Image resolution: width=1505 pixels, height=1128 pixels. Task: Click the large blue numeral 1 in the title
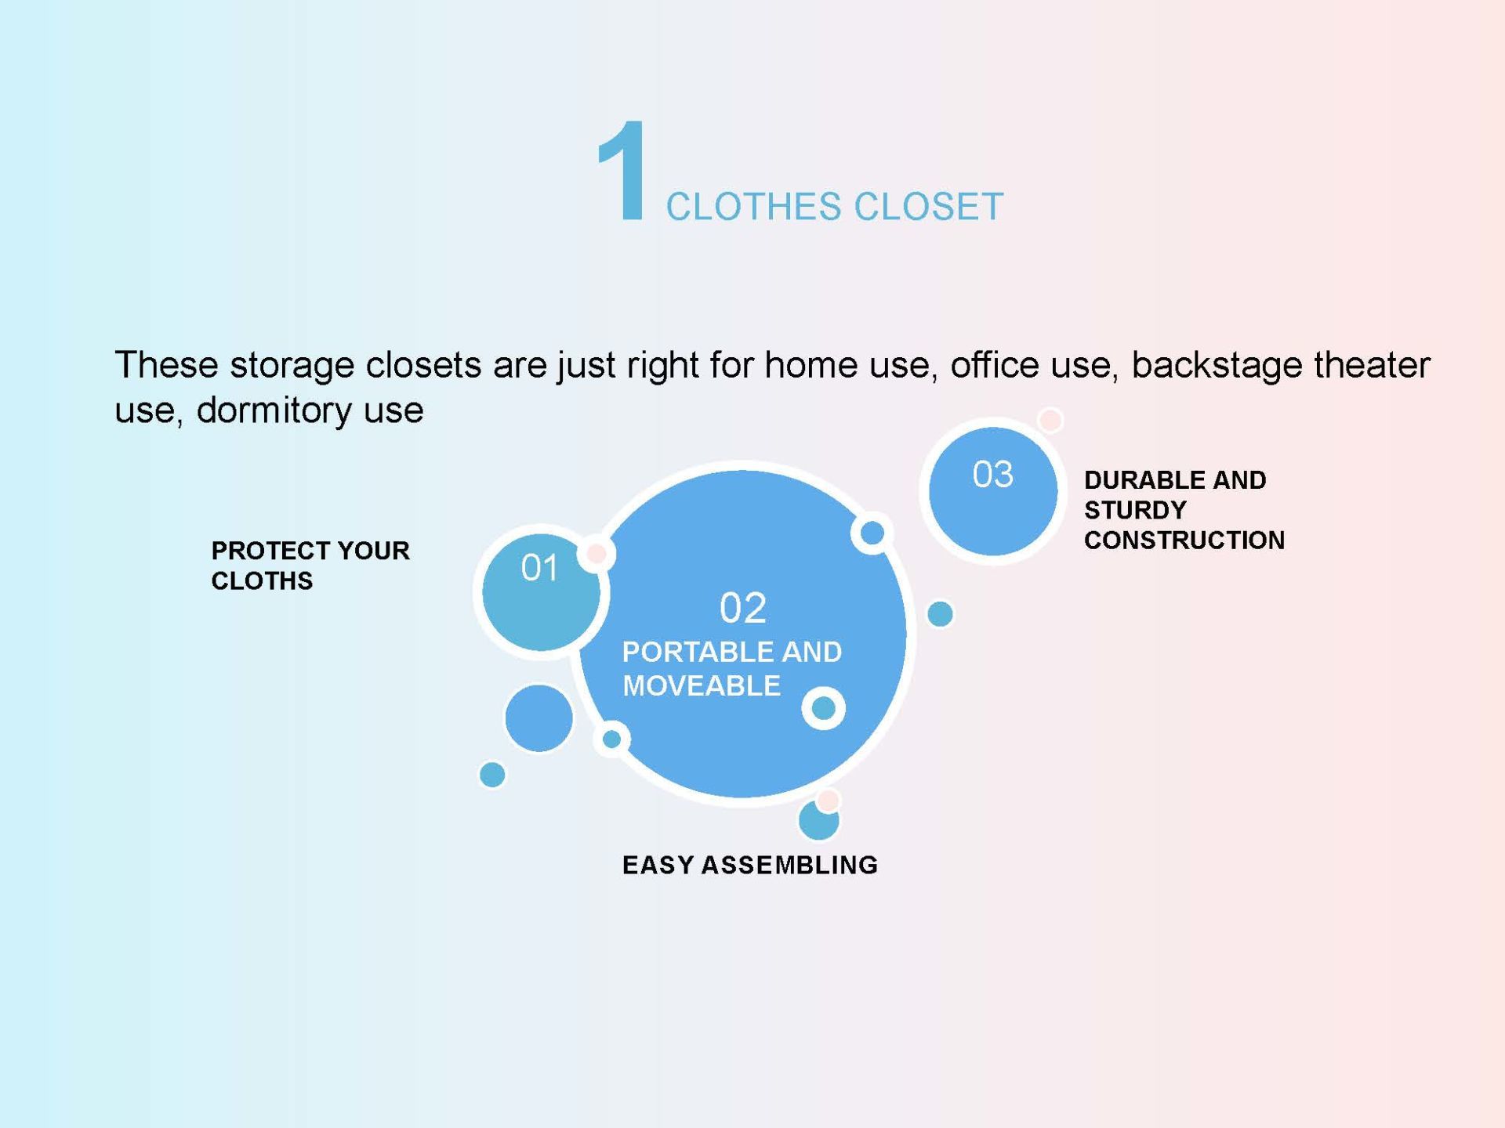click(622, 171)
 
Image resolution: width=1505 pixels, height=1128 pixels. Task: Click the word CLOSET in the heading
click(929, 207)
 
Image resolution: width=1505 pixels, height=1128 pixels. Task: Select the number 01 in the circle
click(540, 568)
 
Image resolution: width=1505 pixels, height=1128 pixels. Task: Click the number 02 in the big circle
click(743, 608)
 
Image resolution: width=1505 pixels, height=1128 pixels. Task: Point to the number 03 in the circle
click(993, 475)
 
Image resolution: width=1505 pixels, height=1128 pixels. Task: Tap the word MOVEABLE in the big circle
click(702, 686)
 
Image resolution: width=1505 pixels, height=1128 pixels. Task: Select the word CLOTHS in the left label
click(262, 580)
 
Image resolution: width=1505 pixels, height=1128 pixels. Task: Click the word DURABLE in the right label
click(1141, 480)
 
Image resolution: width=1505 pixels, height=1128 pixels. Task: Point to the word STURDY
click(1135, 510)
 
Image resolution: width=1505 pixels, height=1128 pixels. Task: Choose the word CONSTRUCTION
click(1184, 540)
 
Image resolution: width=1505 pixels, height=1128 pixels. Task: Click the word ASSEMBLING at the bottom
click(789, 865)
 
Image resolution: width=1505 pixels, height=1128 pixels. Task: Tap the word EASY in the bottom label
click(658, 865)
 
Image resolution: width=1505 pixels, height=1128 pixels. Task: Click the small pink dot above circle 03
click(1050, 420)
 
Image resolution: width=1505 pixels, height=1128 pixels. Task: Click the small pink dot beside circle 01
click(597, 554)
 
